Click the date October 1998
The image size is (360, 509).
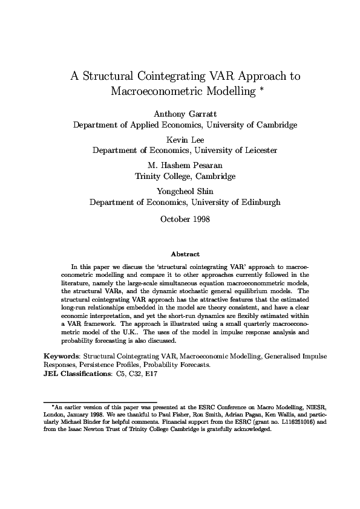click(185, 219)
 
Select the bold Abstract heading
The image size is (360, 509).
click(185, 254)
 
